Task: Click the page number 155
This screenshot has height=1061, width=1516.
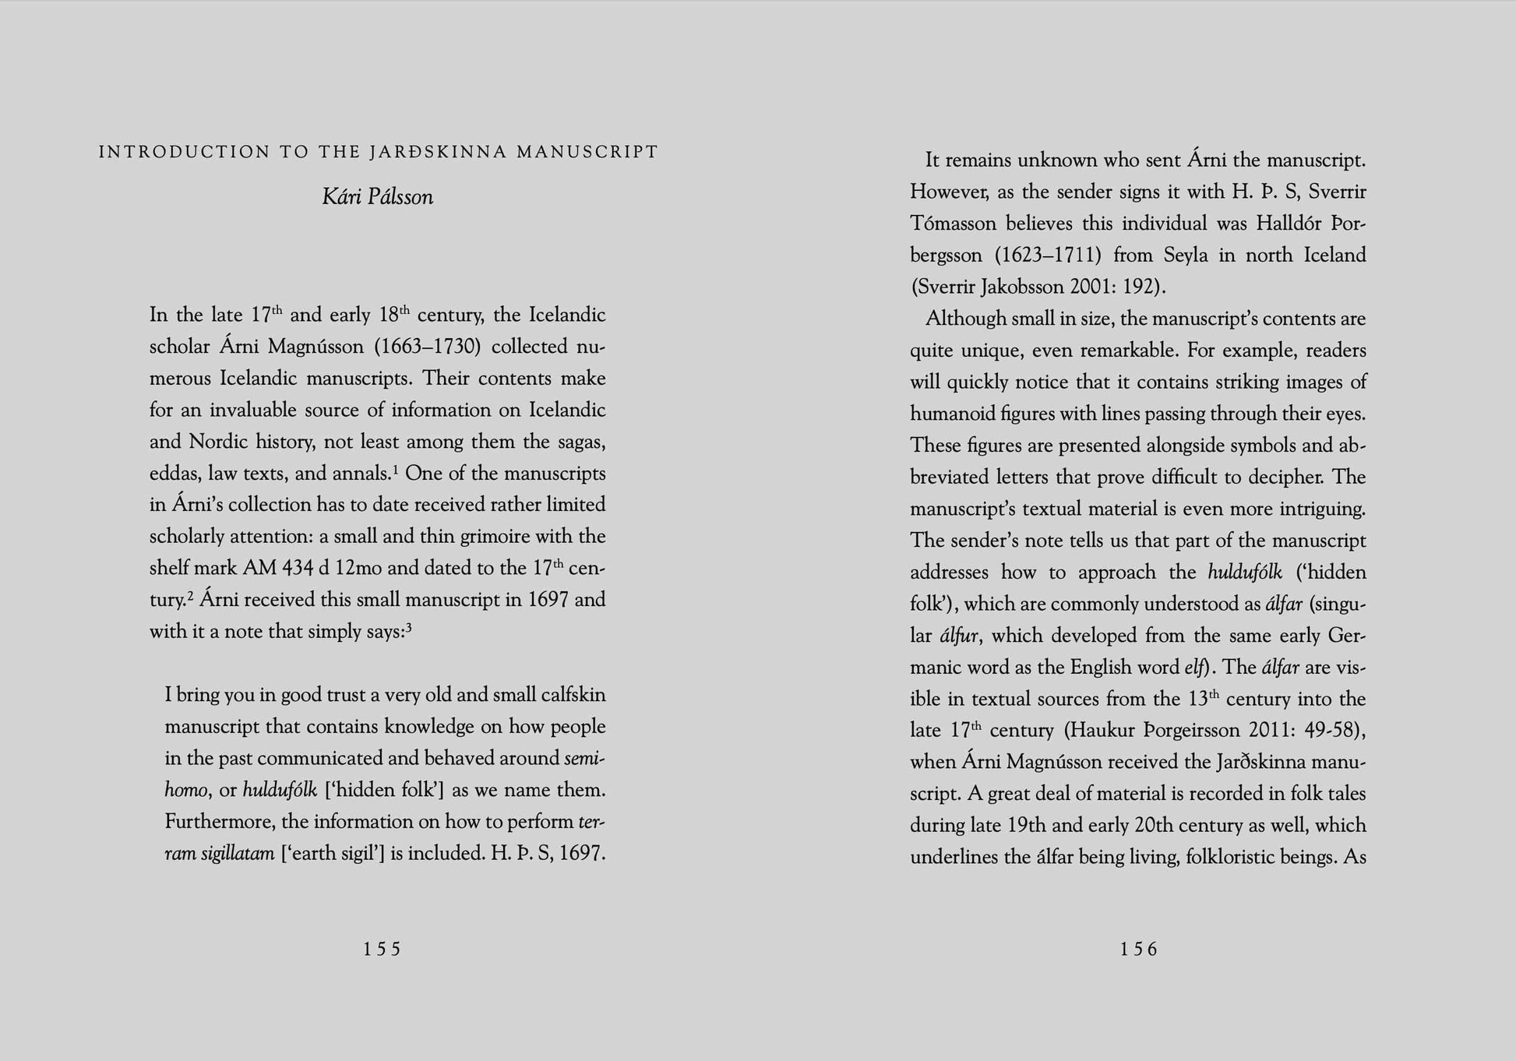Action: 382,949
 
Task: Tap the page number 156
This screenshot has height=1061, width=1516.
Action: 1138,949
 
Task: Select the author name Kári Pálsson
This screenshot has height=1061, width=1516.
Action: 378,197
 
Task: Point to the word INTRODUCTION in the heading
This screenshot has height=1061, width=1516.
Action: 184,152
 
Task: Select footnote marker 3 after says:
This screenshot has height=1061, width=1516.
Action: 408,627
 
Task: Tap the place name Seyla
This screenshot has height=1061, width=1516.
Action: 1186,256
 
